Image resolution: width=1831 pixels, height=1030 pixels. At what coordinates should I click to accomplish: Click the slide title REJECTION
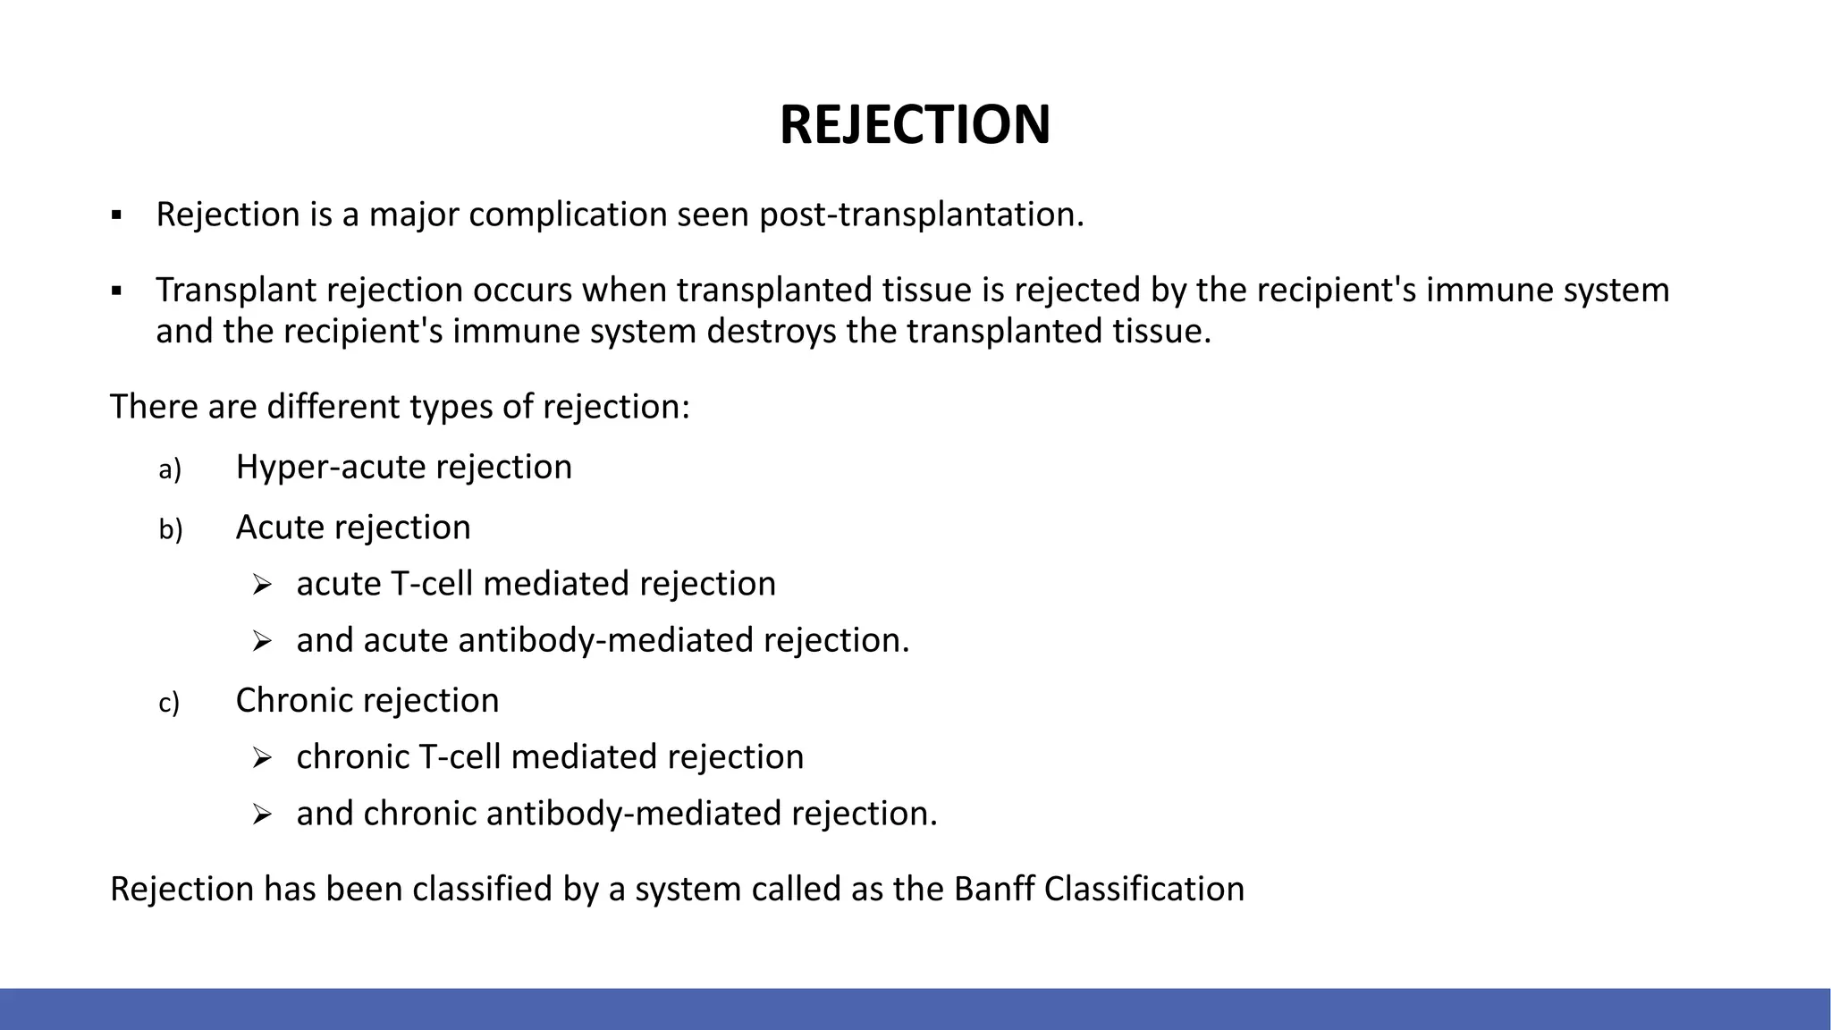pos(915,124)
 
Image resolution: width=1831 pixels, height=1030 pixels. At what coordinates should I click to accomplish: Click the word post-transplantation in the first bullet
pos(921,215)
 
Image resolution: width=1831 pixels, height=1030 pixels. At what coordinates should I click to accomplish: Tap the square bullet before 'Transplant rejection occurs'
pos(116,291)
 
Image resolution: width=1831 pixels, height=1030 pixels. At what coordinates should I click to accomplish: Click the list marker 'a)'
pos(170,469)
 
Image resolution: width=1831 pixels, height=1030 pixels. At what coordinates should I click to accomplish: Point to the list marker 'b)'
pos(170,530)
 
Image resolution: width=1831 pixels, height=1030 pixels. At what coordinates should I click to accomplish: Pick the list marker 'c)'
pos(169,704)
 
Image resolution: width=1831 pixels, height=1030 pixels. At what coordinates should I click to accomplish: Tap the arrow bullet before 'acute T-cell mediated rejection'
pos(261,586)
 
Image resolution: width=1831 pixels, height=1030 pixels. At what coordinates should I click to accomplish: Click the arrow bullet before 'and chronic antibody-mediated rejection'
pos(261,815)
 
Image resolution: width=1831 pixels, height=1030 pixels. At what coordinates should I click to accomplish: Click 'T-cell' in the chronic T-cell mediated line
pos(460,757)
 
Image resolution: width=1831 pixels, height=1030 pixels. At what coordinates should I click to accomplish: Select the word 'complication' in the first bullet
pos(568,215)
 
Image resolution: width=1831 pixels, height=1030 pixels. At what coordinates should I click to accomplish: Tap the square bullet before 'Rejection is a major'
pos(116,215)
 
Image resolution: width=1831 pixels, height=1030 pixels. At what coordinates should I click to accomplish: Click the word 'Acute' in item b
pos(279,528)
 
